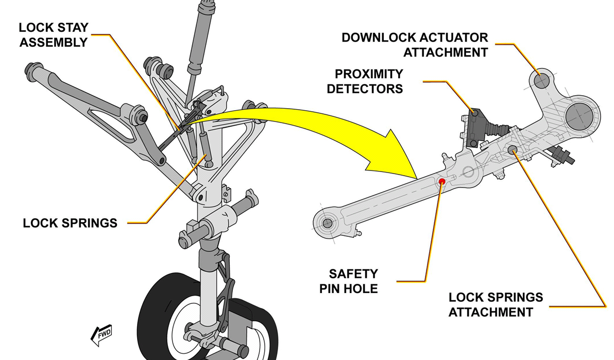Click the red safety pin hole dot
442,181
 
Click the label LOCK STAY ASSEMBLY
53,35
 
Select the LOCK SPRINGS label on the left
70,223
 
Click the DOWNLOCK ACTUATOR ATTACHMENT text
415,45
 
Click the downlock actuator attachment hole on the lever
541,80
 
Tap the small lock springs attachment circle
513,150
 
